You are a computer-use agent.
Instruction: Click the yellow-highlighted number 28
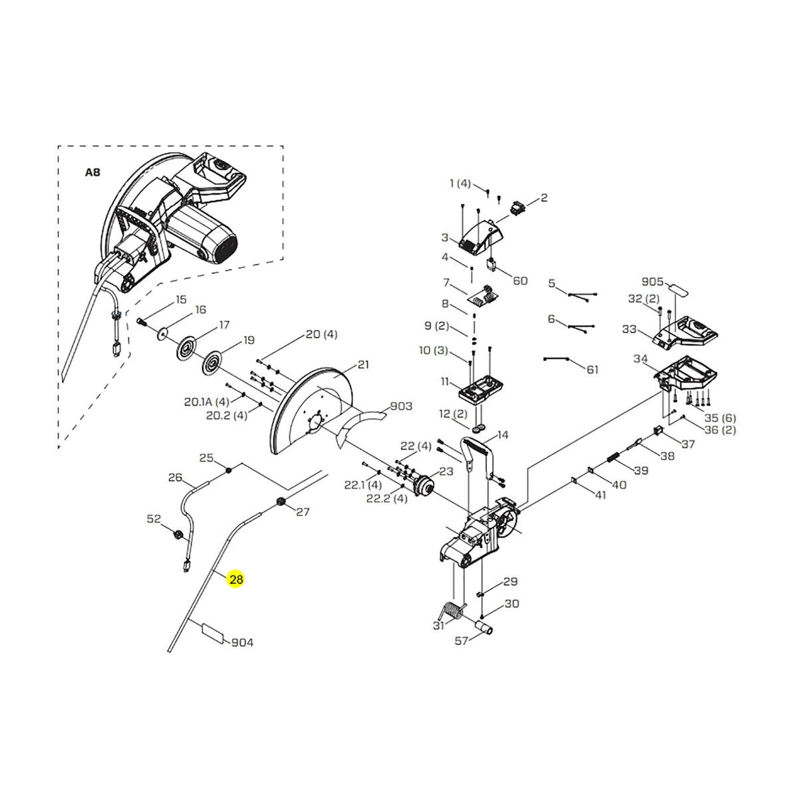point(236,579)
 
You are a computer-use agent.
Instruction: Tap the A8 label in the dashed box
point(92,172)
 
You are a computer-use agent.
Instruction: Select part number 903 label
point(401,406)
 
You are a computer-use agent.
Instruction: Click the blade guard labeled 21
point(311,410)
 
